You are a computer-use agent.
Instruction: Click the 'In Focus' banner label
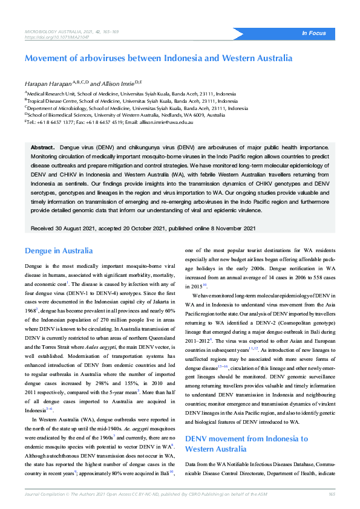pyautogui.click(x=313, y=33)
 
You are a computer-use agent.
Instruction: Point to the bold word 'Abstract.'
pyautogui.click(x=42, y=147)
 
